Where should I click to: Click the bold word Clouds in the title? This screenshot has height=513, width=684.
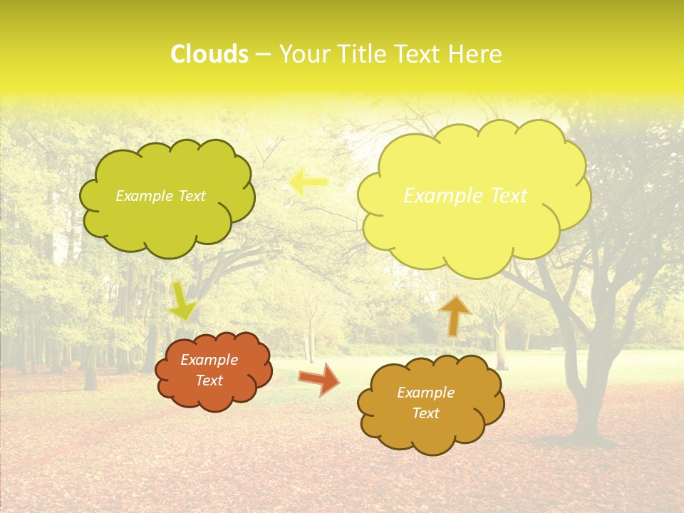pyautogui.click(x=209, y=54)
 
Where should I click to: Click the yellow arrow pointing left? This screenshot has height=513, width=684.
pyautogui.click(x=308, y=182)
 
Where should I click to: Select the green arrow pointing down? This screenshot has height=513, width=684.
pyautogui.click(x=182, y=301)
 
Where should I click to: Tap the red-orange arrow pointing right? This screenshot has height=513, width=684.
pyautogui.click(x=319, y=378)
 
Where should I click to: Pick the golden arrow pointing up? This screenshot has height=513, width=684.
pyautogui.click(x=455, y=316)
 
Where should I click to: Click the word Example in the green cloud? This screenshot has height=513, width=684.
pyautogui.click(x=142, y=196)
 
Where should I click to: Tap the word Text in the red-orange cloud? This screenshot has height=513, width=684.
pyautogui.click(x=209, y=380)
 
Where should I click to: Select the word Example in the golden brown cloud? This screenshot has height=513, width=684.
pyautogui.click(x=425, y=393)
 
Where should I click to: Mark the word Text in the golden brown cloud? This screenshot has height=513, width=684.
pyautogui.click(x=425, y=413)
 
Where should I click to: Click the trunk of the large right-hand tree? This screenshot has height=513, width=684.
pyautogui.click(x=589, y=399)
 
